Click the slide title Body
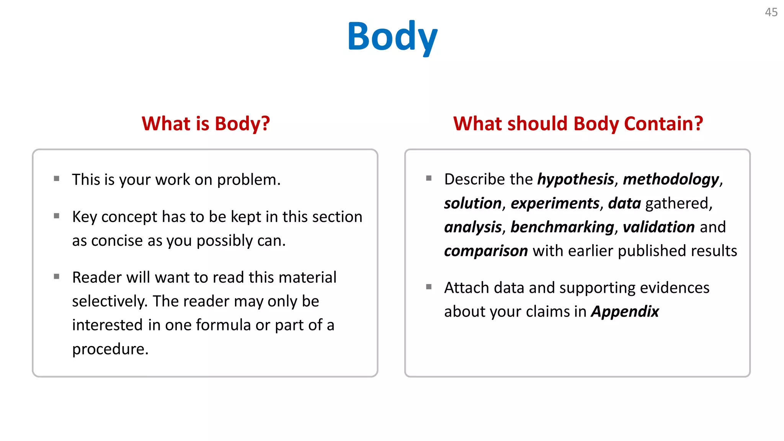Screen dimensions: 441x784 (x=392, y=37)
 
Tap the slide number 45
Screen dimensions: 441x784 (x=771, y=12)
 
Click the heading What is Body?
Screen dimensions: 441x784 (x=206, y=124)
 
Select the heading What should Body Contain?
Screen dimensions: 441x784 (x=578, y=124)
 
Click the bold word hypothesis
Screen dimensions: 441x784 (x=575, y=180)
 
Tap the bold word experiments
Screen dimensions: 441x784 (x=555, y=203)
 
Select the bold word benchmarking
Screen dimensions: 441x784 (x=562, y=227)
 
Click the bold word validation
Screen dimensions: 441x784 (x=658, y=227)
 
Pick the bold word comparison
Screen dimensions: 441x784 (x=486, y=251)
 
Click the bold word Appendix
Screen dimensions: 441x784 (x=625, y=312)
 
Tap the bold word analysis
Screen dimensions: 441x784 (x=473, y=227)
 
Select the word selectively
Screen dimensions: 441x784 (x=109, y=301)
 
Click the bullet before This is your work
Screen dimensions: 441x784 (x=57, y=178)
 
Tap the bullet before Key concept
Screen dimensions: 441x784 (x=57, y=216)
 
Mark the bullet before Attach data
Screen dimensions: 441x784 (x=429, y=287)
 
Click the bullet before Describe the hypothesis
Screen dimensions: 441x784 (x=429, y=178)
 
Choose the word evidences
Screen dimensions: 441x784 (x=674, y=288)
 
